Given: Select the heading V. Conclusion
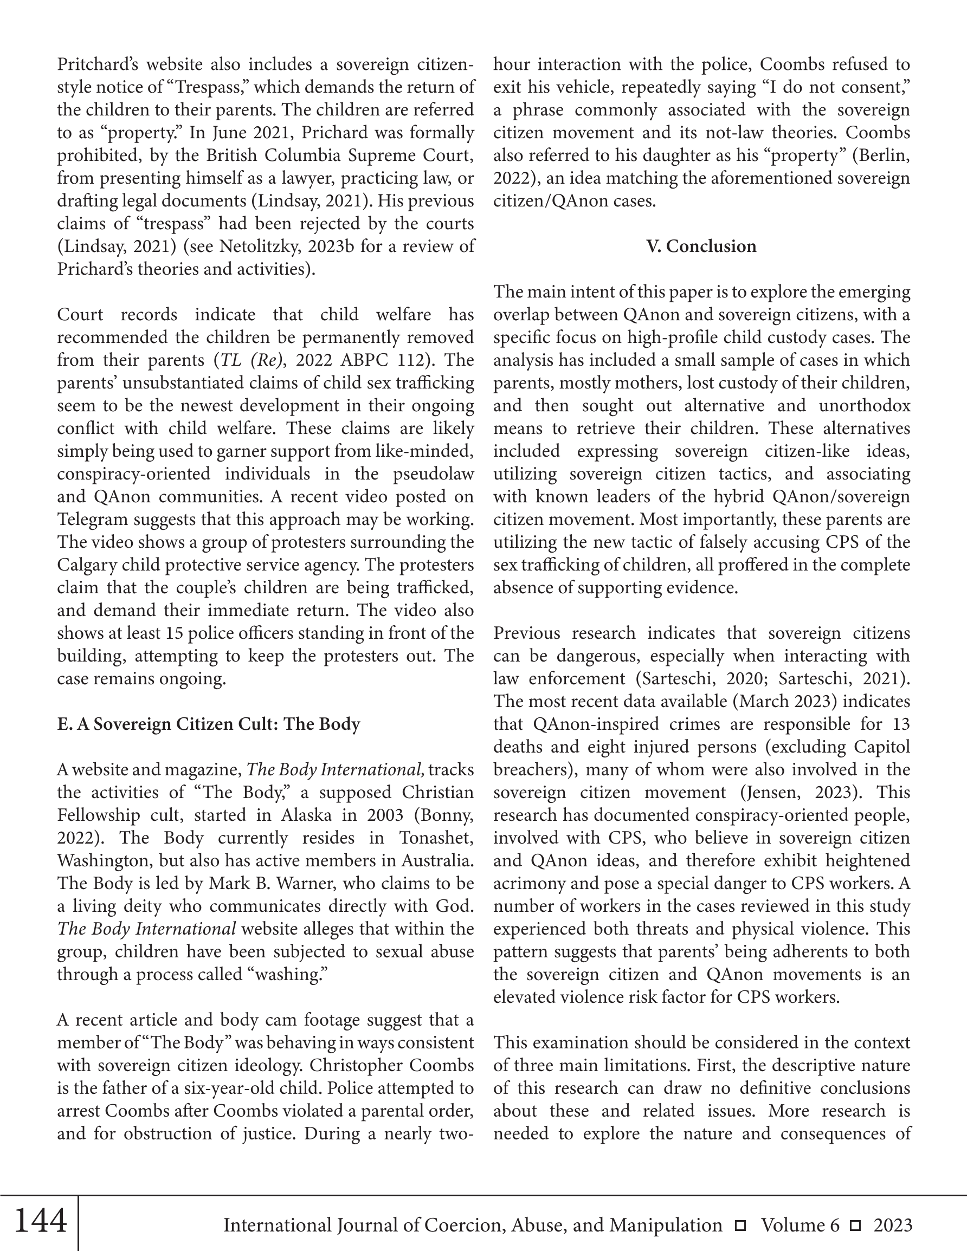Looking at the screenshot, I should pyautogui.click(x=701, y=247).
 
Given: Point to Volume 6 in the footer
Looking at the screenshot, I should pyautogui.click(x=800, y=1225).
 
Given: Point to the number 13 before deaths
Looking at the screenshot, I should pyautogui.click(x=900, y=724).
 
